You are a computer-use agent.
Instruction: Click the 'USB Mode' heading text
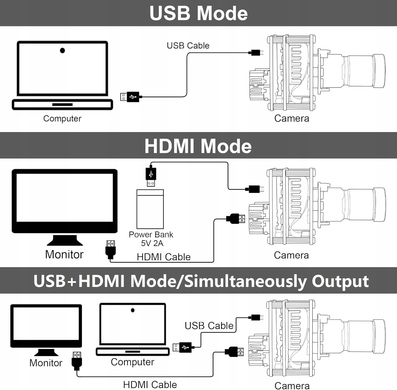198,13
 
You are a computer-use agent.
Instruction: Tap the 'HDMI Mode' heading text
198,146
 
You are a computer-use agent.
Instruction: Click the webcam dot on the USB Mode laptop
62,50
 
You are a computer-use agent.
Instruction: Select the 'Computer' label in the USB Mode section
62,119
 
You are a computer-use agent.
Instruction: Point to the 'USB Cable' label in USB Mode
188,46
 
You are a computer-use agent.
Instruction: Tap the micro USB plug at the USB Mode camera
256,53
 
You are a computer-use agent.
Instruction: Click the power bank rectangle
150,209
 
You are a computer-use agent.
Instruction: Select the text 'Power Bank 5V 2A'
151,239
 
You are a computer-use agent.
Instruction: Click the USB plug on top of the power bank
151,177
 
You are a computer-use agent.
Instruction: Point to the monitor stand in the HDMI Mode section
65,240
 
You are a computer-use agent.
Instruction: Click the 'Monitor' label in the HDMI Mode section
64,255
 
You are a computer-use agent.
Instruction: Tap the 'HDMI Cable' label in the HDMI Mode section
164,257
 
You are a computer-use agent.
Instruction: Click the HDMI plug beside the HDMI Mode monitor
111,249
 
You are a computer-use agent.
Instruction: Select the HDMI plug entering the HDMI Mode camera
236,219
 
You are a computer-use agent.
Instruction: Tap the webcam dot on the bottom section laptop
133,310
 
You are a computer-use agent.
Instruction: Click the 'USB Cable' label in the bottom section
209,326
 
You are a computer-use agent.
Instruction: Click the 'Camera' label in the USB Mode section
292,119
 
